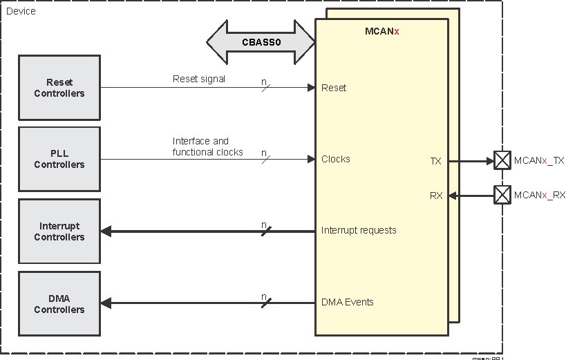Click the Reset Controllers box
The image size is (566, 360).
(x=59, y=88)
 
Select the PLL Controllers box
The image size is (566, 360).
(x=59, y=159)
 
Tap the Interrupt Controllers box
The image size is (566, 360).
(x=59, y=231)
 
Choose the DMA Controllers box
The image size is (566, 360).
(x=59, y=304)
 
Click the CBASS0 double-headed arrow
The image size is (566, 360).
(x=261, y=42)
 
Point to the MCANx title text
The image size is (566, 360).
(x=381, y=31)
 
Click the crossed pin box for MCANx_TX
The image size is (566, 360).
(x=502, y=160)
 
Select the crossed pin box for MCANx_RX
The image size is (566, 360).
(x=502, y=195)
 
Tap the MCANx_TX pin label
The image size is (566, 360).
(x=539, y=160)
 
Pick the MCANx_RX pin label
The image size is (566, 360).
(x=539, y=196)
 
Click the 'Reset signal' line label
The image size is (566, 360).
(x=199, y=79)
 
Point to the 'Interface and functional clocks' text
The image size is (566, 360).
(x=207, y=146)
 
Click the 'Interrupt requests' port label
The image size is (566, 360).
(x=359, y=230)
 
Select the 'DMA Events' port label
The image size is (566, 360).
(x=348, y=302)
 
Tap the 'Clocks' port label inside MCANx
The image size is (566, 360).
(x=336, y=159)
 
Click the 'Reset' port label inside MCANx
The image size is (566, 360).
(x=334, y=88)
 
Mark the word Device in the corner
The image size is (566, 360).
(x=21, y=11)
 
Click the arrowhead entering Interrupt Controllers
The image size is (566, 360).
(x=106, y=231)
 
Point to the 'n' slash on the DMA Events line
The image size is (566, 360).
(x=265, y=301)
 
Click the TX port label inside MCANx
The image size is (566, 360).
(x=435, y=161)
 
